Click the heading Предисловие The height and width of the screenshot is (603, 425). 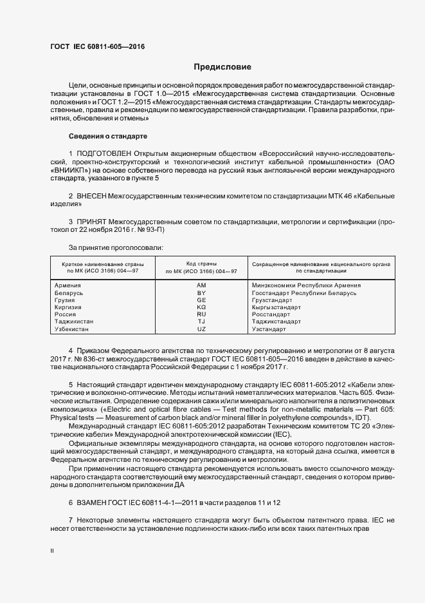223,67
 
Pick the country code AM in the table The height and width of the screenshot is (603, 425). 201,285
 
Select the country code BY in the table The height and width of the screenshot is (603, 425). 201,293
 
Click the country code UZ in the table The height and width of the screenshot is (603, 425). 201,329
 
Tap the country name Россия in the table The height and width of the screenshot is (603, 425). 66,314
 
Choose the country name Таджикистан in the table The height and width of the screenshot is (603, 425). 74,321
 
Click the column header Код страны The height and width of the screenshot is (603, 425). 201,264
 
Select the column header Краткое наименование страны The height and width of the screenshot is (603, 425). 102,264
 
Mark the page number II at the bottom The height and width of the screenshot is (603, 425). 52,551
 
